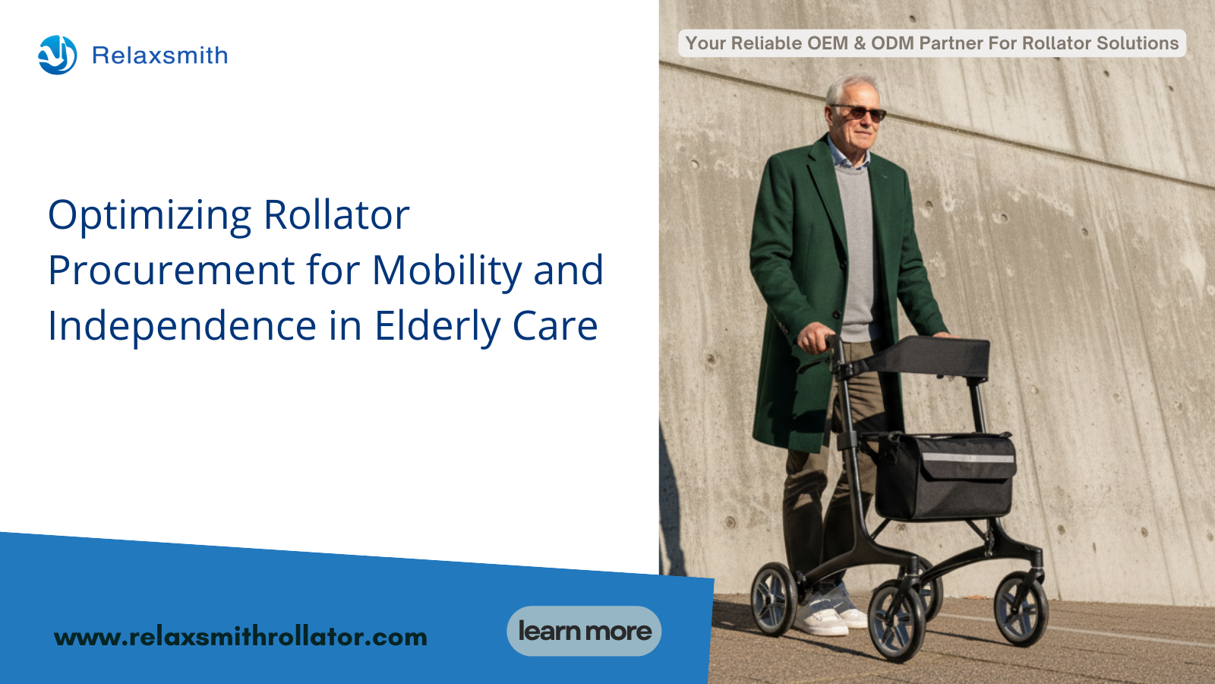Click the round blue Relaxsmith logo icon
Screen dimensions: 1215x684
[x=58, y=55]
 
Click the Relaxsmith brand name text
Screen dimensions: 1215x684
[x=160, y=55]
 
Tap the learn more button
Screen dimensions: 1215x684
[x=584, y=631]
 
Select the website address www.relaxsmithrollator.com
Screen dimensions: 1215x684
[x=241, y=637]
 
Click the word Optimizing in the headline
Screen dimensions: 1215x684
[x=150, y=217]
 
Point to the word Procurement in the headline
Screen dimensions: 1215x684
[x=172, y=270]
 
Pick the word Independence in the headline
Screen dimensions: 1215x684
[x=182, y=327]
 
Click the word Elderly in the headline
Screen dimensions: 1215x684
[x=437, y=327]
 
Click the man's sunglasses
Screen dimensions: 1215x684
[x=860, y=112]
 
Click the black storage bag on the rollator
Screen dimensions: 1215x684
[x=944, y=476]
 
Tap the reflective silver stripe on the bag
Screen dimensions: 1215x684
[x=967, y=458]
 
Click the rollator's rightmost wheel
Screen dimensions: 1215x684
[x=1021, y=609]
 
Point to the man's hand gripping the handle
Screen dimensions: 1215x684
[x=816, y=337]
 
